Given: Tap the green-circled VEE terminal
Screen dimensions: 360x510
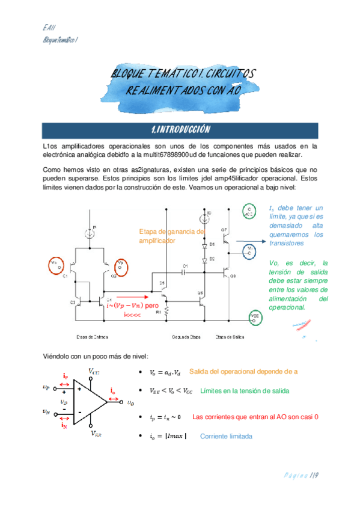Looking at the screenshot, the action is pyautogui.click(x=255, y=317).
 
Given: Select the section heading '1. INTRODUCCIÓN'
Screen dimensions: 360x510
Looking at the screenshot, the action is pyautogui.click(x=180, y=130).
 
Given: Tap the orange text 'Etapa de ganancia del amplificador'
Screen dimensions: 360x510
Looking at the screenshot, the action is pyautogui.click(x=171, y=236).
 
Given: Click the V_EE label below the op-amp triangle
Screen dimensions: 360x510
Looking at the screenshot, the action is pyautogui.click(x=95, y=432).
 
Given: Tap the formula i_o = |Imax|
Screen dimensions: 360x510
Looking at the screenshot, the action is pyautogui.click(x=167, y=436).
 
